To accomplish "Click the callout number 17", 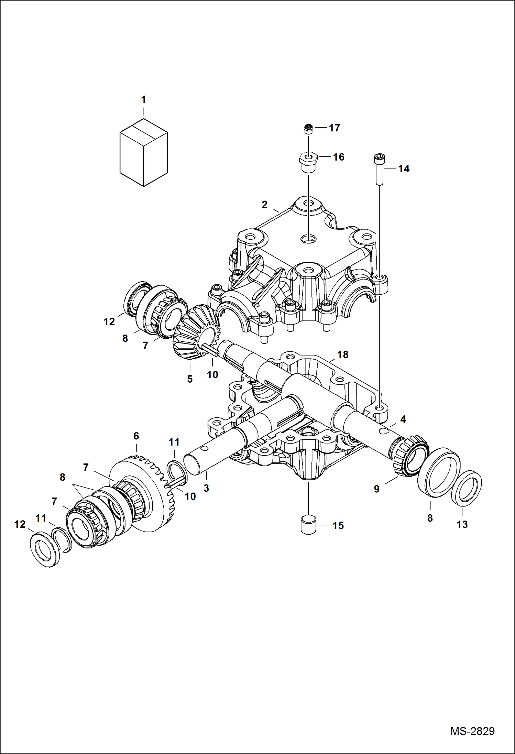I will (x=334, y=128).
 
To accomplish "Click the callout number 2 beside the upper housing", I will (x=264, y=205).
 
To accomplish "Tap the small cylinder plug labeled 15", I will (x=308, y=525).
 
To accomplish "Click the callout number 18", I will (x=342, y=354).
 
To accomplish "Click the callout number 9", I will (x=377, y=489).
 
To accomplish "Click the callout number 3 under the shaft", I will (x=206, y=488).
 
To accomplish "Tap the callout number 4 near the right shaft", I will (x=403, y=419).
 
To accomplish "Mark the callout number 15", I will (x=338, y=525).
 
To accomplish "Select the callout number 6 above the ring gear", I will (x=136, y=436).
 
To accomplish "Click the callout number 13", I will (x=462, y=524).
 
